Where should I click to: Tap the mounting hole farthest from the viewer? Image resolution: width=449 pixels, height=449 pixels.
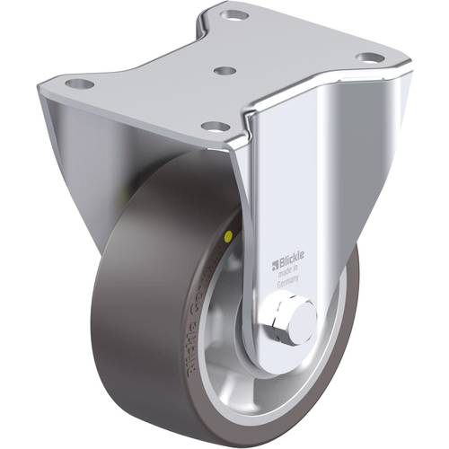[x=236, y=15]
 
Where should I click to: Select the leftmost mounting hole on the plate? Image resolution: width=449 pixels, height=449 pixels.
[x=79, y=84]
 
